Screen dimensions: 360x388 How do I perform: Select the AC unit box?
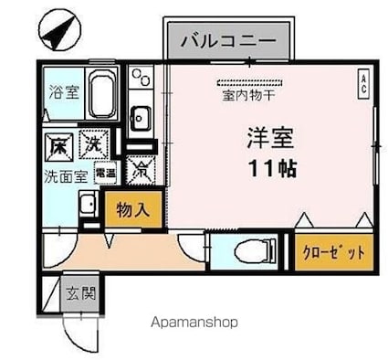pyautogui.click(x=362, y=85)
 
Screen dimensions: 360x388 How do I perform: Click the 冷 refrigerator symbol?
pyautogui.click(x=141, y=168)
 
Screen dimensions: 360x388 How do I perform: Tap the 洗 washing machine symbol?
pyautogui.click(x=92, y=143)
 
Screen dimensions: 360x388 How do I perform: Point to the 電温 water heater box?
pyautogui.click(x=103, y=172)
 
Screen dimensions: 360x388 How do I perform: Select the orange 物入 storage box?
pyautogui.click(x=133, y=209)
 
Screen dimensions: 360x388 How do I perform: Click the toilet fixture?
pyautogui.click(x=250, y=249)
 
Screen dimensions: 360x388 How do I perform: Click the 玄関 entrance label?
pyautogui.click(x=79, y=293)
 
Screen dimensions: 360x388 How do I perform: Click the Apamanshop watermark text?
pyautogui.click(x=193, y=323)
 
